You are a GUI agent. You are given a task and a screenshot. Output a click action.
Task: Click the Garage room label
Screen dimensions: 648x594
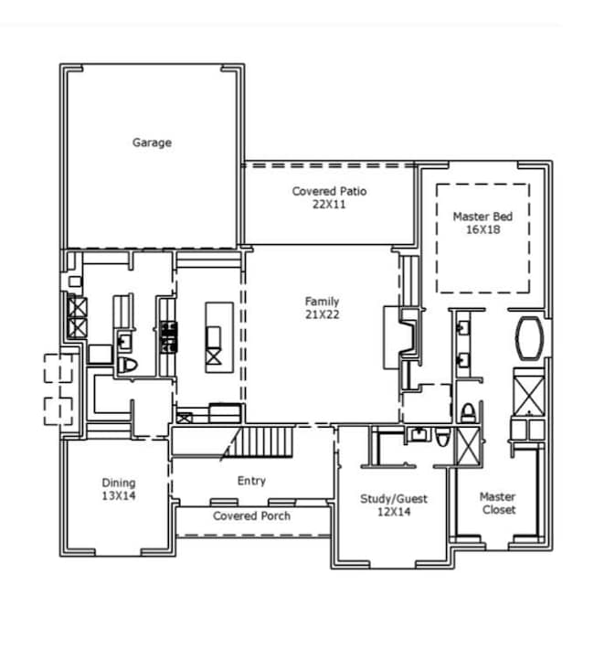click(x=152, y=143)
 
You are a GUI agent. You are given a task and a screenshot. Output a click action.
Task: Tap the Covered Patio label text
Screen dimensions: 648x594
click(x=331, y=191)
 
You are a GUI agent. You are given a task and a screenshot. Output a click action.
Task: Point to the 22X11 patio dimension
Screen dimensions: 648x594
click(x=331, y=205)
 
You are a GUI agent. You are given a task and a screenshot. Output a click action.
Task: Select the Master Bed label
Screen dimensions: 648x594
click(x=483, y=217)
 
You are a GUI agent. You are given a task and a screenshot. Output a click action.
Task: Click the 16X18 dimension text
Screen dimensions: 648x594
click(x=483, y=230)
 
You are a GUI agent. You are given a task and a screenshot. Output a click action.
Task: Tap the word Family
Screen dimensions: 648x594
click(x=322, y=302)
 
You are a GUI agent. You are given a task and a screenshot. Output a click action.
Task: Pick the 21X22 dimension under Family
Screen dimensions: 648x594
click(x=322, y=314)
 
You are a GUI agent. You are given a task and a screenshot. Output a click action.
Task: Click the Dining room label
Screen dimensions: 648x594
click(x=118, y=483)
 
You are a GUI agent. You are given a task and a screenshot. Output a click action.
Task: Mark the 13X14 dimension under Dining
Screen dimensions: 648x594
click(x=118, y=495)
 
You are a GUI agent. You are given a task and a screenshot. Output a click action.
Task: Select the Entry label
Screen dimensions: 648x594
click(x=251, y=481)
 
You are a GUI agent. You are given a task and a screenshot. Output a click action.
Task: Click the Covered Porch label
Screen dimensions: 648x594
click(x=252, y=516)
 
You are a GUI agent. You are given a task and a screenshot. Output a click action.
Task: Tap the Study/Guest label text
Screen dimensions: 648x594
click(x=394, y=499)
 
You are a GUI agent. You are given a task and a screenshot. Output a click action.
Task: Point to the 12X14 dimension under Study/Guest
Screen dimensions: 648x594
click(x=394, y=513)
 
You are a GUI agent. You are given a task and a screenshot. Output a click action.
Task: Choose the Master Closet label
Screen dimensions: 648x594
click(x=498, y=504)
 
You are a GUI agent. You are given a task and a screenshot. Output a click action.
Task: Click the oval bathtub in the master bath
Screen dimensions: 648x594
click(x=529, y=338)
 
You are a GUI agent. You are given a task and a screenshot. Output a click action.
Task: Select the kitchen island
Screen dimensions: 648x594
click(x=214, y=335)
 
